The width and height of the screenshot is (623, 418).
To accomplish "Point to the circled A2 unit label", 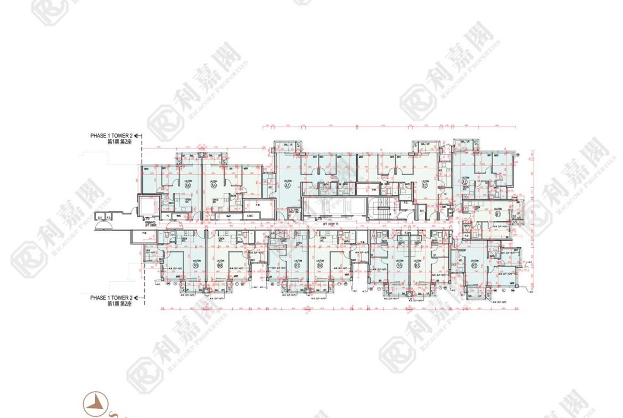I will point(424,186).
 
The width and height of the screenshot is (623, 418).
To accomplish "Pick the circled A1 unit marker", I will point(465,182).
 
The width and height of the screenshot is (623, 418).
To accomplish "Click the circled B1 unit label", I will point(498,214).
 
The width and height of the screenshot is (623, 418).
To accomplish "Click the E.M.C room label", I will point(250,216).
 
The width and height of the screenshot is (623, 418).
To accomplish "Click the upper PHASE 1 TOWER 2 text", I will point(111,136).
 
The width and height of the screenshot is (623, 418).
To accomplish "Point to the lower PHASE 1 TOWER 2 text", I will point(111,298).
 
